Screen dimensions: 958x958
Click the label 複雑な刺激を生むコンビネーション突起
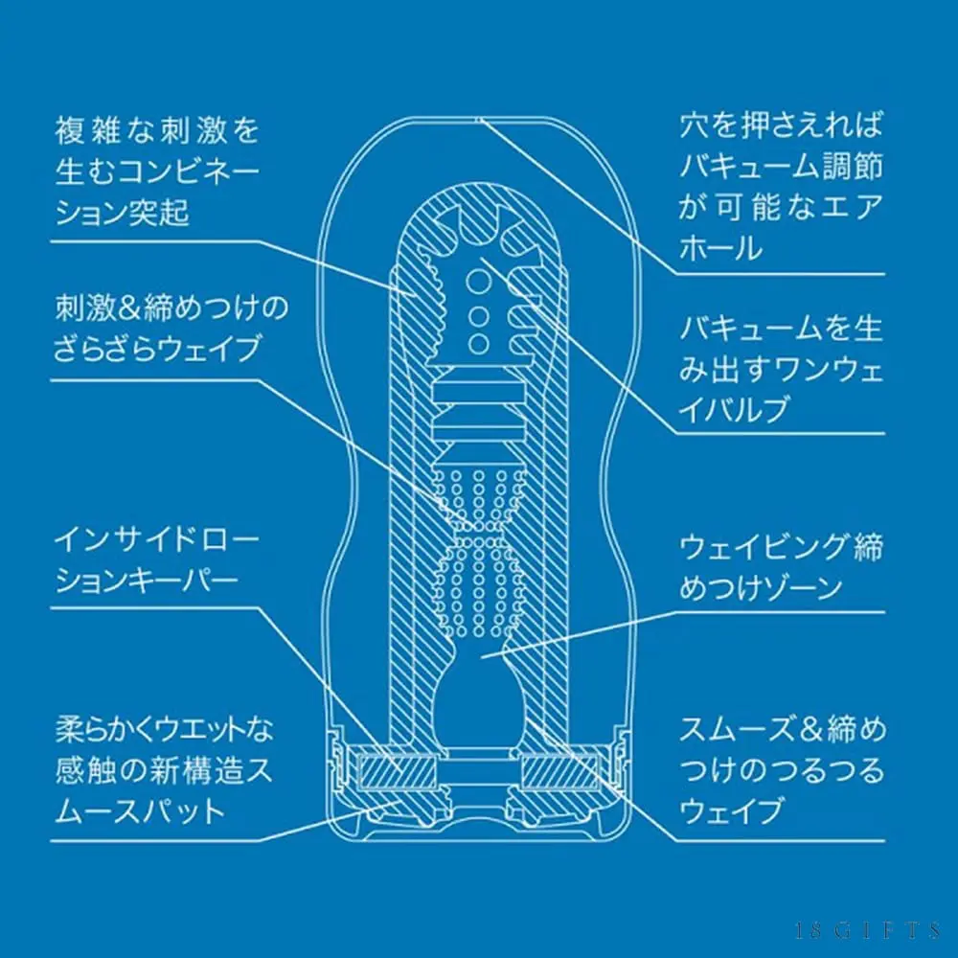(158, 171)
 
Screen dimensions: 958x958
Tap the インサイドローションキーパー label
(157, 560)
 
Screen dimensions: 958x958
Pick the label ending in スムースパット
(164, 771)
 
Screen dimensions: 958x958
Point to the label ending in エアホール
(782, 187)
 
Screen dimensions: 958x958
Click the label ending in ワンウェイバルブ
(782, 368)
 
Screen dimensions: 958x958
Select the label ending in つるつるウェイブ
(782, 771)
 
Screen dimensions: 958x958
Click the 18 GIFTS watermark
(867, 930)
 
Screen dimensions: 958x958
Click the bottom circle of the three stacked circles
(479, 343)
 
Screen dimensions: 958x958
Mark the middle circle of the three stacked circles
(479, 316)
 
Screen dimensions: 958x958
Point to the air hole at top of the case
(479, 120)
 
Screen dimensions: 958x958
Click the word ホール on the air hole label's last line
(720, 249)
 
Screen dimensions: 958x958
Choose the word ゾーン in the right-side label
(800, 588)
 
